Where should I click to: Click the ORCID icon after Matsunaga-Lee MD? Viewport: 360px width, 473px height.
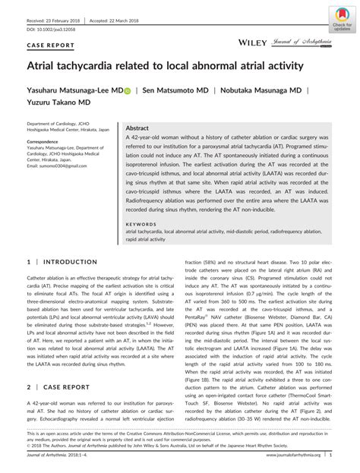(x=128, y=90)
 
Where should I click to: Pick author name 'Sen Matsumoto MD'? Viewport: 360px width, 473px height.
(x=174, y=90)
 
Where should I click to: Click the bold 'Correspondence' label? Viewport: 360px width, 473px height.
(x=45, y=141)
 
